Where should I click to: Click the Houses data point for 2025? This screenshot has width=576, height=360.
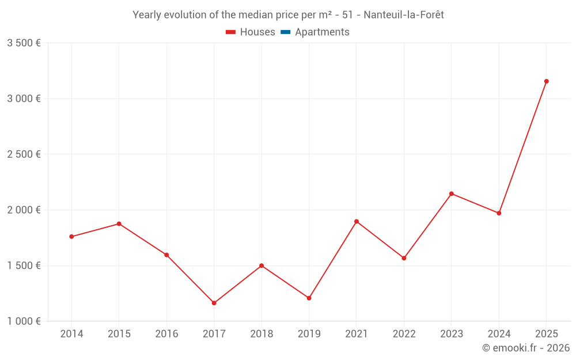tap(546, 81)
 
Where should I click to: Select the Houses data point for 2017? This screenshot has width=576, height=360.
tap(214, 303)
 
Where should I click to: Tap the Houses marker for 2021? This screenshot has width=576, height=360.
tap(357, 221)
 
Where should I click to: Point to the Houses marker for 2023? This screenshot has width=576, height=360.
tap(452, 194)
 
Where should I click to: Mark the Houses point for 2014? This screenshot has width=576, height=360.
tap(71, 237)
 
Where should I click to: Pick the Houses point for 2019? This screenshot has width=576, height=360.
tap(309, 298)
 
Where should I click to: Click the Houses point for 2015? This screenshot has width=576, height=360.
tap(119, 223)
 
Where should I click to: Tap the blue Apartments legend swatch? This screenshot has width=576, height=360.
tap(285, 32)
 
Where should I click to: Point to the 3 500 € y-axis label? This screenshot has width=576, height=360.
tap(24, 43)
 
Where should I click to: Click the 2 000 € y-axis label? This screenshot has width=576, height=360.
tap(24, 210)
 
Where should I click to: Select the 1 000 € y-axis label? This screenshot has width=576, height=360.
tap(24, 321)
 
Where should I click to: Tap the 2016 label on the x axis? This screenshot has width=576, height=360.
tap(166, 334)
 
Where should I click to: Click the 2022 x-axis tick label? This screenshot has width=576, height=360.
tap(404, 334)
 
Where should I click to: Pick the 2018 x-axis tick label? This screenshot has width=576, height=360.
tap(262, 334)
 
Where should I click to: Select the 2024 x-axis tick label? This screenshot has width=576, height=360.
tap(499, 334)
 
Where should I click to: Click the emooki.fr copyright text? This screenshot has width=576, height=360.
tap(525, 348)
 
